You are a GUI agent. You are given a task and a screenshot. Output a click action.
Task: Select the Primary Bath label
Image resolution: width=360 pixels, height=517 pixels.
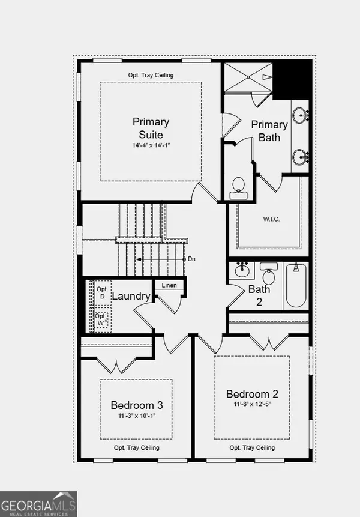pos(269,131)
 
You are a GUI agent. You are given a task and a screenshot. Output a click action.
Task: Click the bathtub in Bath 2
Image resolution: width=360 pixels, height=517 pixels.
pos(297,286)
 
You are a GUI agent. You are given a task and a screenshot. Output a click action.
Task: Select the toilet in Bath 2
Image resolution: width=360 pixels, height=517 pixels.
pos(269,277)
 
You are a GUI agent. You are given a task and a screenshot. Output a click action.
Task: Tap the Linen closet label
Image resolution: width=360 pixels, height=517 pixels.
pos(169,285)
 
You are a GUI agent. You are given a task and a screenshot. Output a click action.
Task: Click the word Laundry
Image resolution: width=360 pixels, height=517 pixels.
pos(131,296)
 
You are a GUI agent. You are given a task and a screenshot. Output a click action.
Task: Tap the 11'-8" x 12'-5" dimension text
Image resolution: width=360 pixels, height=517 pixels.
pos(252,405)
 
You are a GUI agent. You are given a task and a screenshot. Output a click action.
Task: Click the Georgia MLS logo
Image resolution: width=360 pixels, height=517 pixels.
pos(38,503)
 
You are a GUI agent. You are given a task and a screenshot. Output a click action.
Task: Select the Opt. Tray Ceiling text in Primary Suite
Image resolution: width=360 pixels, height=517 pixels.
pos(151,75)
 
